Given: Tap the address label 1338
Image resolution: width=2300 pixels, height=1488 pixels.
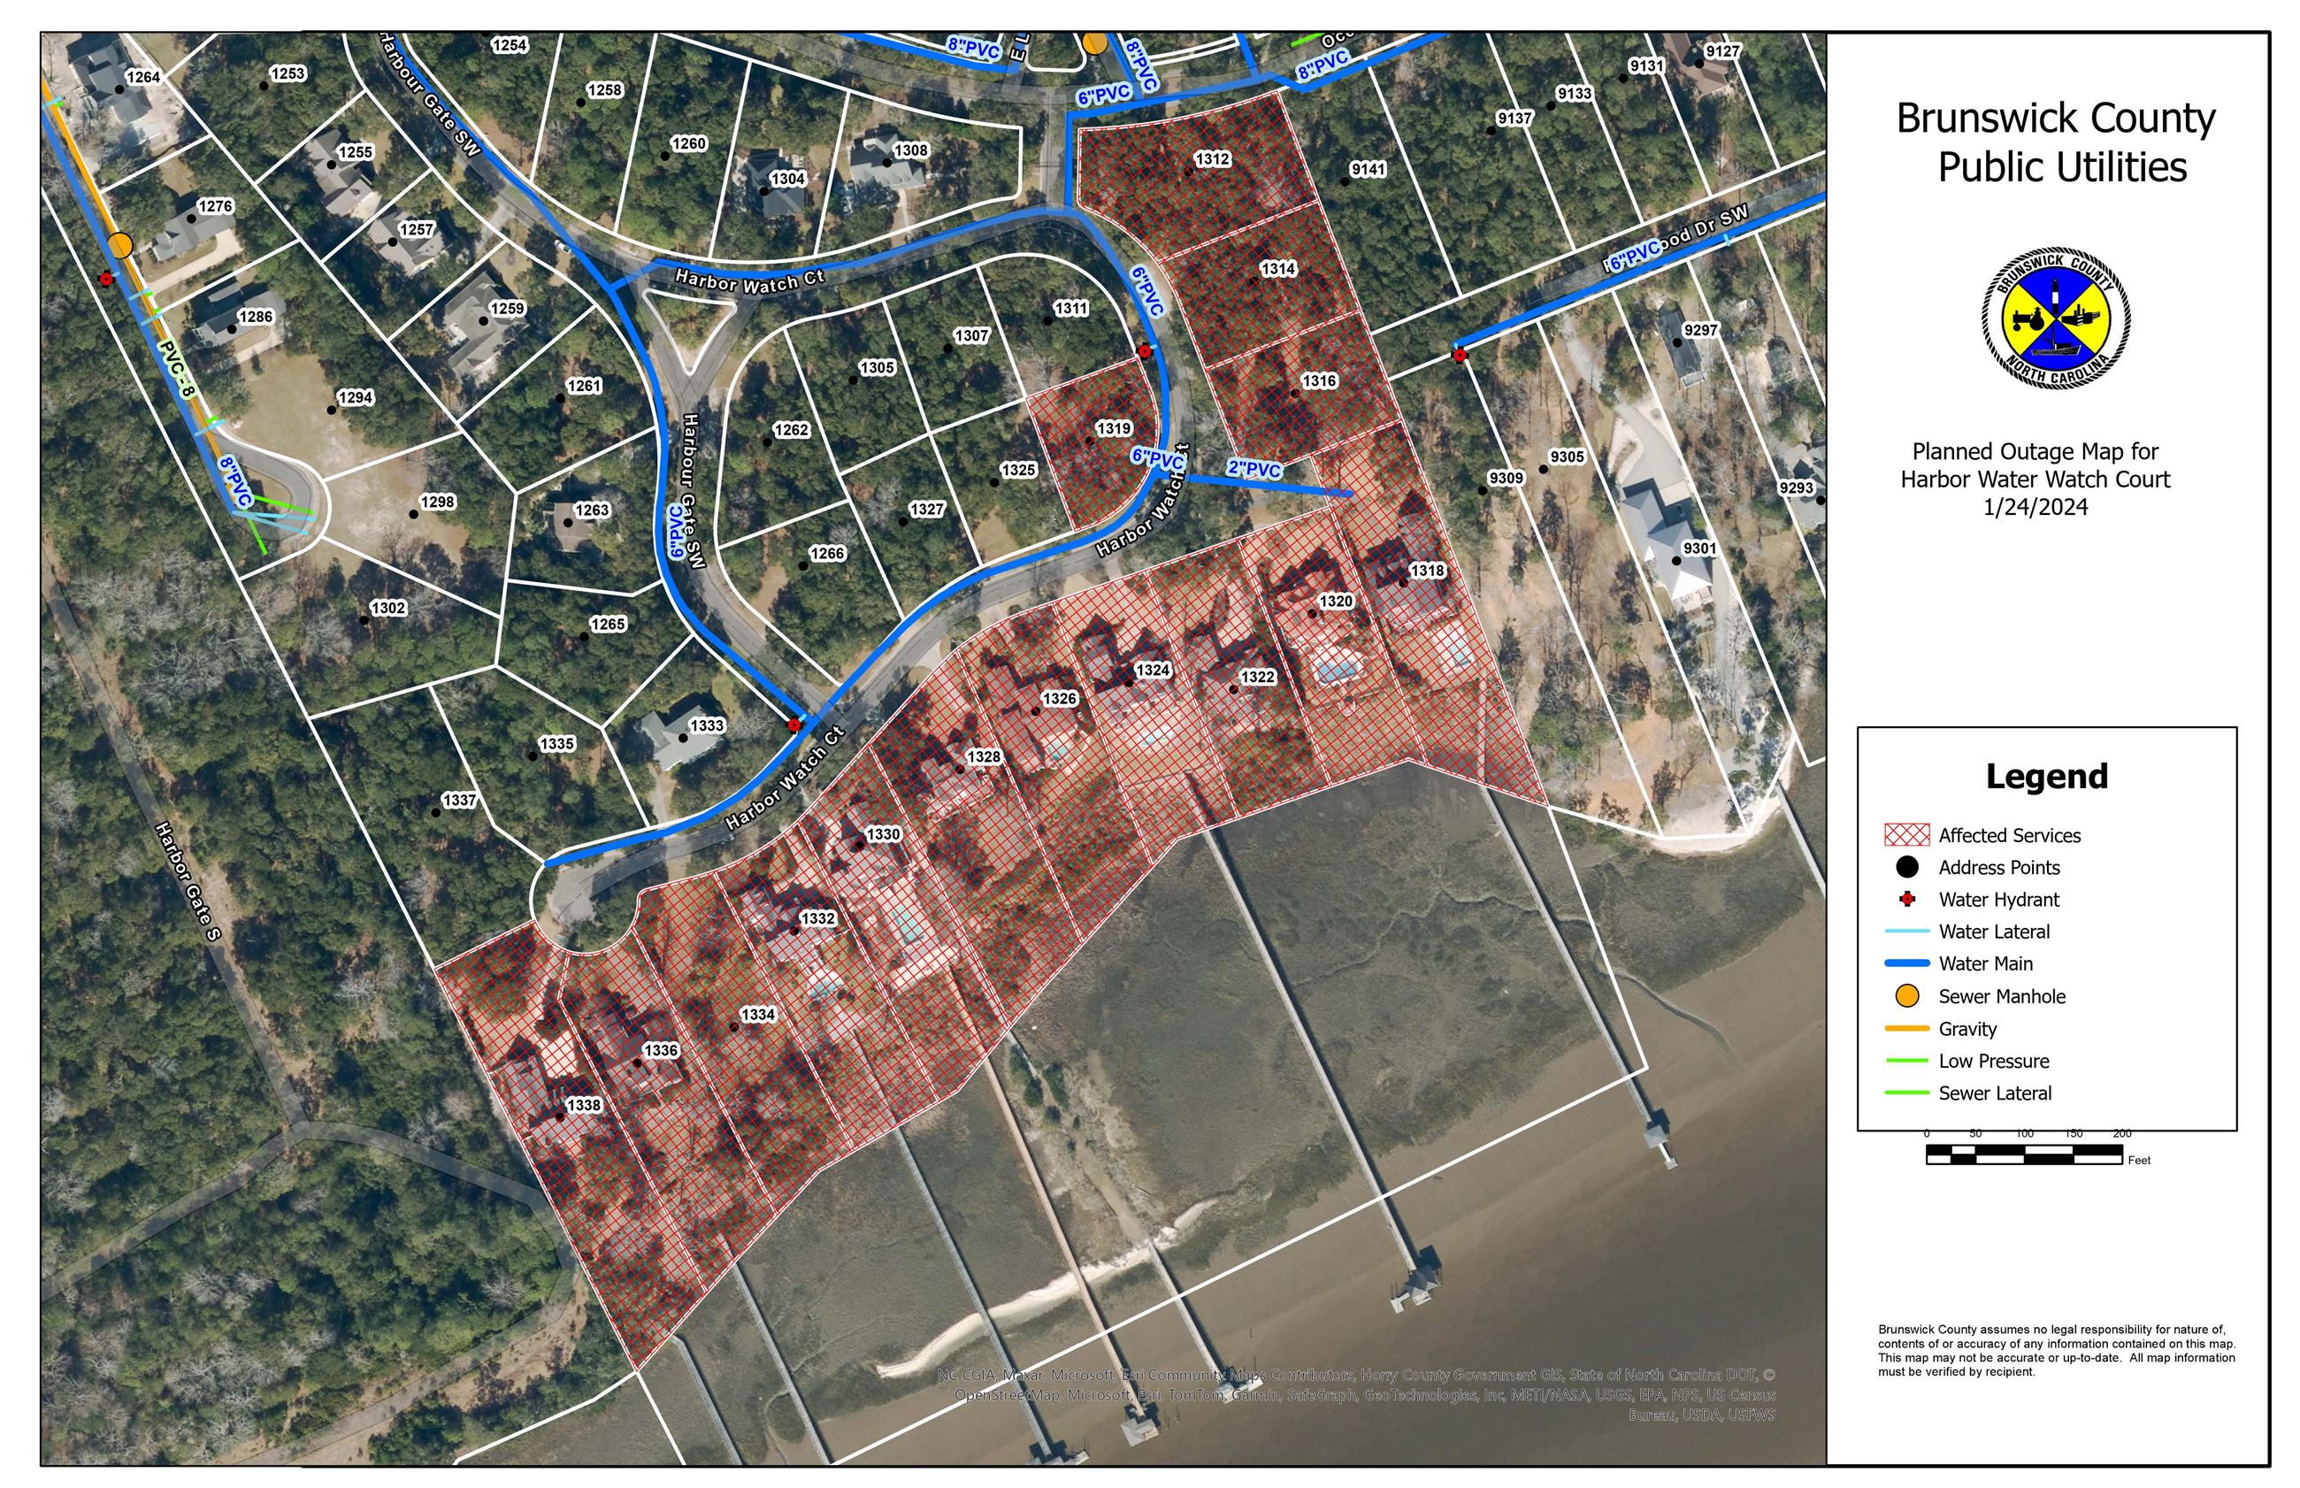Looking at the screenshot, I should tap(584, 1104).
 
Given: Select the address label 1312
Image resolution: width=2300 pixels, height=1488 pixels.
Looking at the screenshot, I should tap(1212, 158).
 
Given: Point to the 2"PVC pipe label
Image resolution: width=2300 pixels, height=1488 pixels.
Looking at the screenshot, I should tap(1253, 469).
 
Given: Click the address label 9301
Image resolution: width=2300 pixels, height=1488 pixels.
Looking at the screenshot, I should tap(1699, 548).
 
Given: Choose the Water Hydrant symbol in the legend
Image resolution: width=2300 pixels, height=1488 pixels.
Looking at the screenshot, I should tap(1907, 900).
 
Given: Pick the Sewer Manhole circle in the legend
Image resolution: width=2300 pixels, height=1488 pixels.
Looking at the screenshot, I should tap(1907, 995).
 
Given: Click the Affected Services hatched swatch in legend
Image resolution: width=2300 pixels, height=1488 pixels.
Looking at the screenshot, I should tap(1907, 835).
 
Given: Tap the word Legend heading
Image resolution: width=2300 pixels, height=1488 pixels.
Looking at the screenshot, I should tap(2046, 776).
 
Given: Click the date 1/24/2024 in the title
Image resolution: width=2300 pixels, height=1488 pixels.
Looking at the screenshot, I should tap(2035, 507).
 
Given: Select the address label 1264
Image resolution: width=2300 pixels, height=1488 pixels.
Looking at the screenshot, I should tap(143, 77).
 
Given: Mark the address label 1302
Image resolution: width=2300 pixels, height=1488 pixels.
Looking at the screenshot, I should tap(388, 608).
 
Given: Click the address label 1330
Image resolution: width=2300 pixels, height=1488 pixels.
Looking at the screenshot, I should tap(883, 834).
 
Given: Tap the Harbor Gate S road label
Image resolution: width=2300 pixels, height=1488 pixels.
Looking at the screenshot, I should tap(188, 879).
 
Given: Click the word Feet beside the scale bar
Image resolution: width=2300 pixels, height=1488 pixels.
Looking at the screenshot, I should tap(2139, 1160).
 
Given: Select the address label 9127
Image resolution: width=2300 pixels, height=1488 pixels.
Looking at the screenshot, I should tap(1722, 51).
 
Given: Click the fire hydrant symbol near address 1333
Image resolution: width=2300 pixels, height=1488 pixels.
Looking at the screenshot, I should tap(794, 725).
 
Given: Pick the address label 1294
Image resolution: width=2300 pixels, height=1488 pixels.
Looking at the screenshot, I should tap(356, 397).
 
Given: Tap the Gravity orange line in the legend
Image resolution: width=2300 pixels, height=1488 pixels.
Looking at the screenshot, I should tap(1907, 1028).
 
